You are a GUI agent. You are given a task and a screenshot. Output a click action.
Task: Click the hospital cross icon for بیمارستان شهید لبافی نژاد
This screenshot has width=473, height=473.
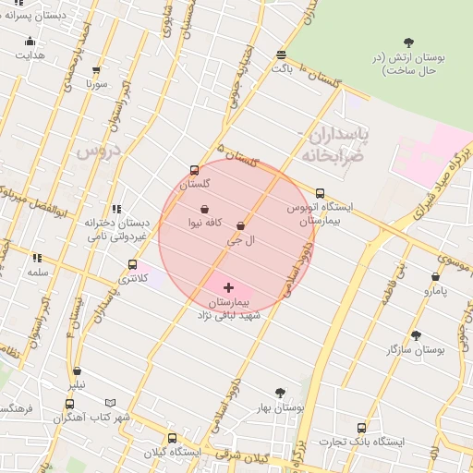pos(229,288)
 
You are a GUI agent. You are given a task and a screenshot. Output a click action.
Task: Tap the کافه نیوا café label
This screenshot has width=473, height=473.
pos(204,224)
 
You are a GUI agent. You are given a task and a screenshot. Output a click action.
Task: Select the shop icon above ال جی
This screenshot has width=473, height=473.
pos(241,225)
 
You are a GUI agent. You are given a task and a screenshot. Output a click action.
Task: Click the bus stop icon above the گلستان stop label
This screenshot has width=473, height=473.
pos(193,170)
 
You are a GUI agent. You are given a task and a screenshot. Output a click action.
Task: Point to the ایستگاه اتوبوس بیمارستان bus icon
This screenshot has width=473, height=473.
pos(320,194)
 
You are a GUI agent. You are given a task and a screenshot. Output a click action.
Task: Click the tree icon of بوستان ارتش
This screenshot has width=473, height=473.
pos(409,42)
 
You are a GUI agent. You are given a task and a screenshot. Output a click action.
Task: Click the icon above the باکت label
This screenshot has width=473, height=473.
pos(281,55)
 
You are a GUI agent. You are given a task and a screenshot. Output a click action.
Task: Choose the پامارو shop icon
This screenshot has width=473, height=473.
pos(435,276)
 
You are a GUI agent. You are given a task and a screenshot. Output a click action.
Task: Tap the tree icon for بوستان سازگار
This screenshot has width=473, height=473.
pos(416,336)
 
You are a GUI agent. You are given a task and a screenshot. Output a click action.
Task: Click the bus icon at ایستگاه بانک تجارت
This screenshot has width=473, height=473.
pos(361,428)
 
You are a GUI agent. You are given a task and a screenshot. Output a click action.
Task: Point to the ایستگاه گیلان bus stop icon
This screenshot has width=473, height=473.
pos(172,438)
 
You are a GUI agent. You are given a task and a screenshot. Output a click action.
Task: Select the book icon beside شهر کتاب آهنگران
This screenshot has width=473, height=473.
pos(111,404)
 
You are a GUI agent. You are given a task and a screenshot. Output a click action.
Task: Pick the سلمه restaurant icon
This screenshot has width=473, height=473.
pos(38,259)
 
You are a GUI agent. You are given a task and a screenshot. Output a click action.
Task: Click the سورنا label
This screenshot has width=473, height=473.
pos(98,84)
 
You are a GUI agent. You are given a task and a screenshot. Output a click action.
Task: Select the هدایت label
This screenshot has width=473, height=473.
pos(30,55)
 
